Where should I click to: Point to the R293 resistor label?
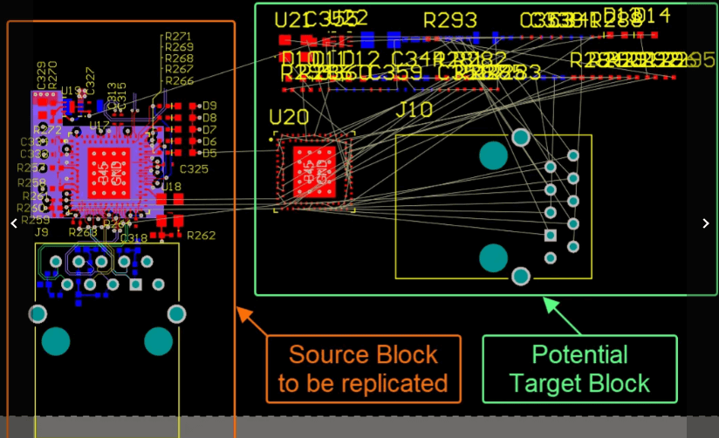[x=450, y=20]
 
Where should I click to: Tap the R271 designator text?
[x=178, y=37]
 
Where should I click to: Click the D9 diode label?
[x=209, y=106]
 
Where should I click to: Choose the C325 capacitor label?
[x=194, y=168]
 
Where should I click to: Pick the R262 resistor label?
[x=201, y=236]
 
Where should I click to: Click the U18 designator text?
[x=171, y=186]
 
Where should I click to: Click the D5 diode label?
[x=209, y=153]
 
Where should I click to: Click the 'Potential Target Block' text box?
[x=579, y=368]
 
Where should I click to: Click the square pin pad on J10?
[x=550, y=235]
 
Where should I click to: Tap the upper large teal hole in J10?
[x=493, y=155]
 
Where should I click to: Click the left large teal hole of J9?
[x=57, y=340]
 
